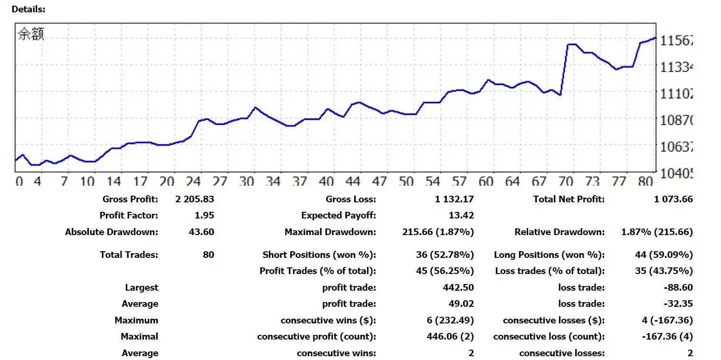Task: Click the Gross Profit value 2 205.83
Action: (x=195, y=199)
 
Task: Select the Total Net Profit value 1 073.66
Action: (x=673, y=199)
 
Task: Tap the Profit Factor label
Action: (x=129, y=216)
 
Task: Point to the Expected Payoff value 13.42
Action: (x=461, y=216)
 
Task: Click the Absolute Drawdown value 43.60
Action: (x=201, y=232)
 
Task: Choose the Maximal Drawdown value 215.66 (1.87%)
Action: (x=437, y=232)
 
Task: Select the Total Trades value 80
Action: (x=209, y=255)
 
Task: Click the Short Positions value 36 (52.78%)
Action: (x=445, y=255)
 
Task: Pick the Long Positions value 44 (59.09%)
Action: (x=664, y=255)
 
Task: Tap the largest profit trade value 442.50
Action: (x=458, y=288)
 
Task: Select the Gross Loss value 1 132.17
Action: (x=454, y=199)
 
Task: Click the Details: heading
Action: (x=28, y=9)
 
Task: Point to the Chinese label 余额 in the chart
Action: (x=31, y=34)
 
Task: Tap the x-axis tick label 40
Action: (x=326, y=181)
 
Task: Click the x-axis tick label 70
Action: (x=566, y=181)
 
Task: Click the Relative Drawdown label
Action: (x=560, y=232)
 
